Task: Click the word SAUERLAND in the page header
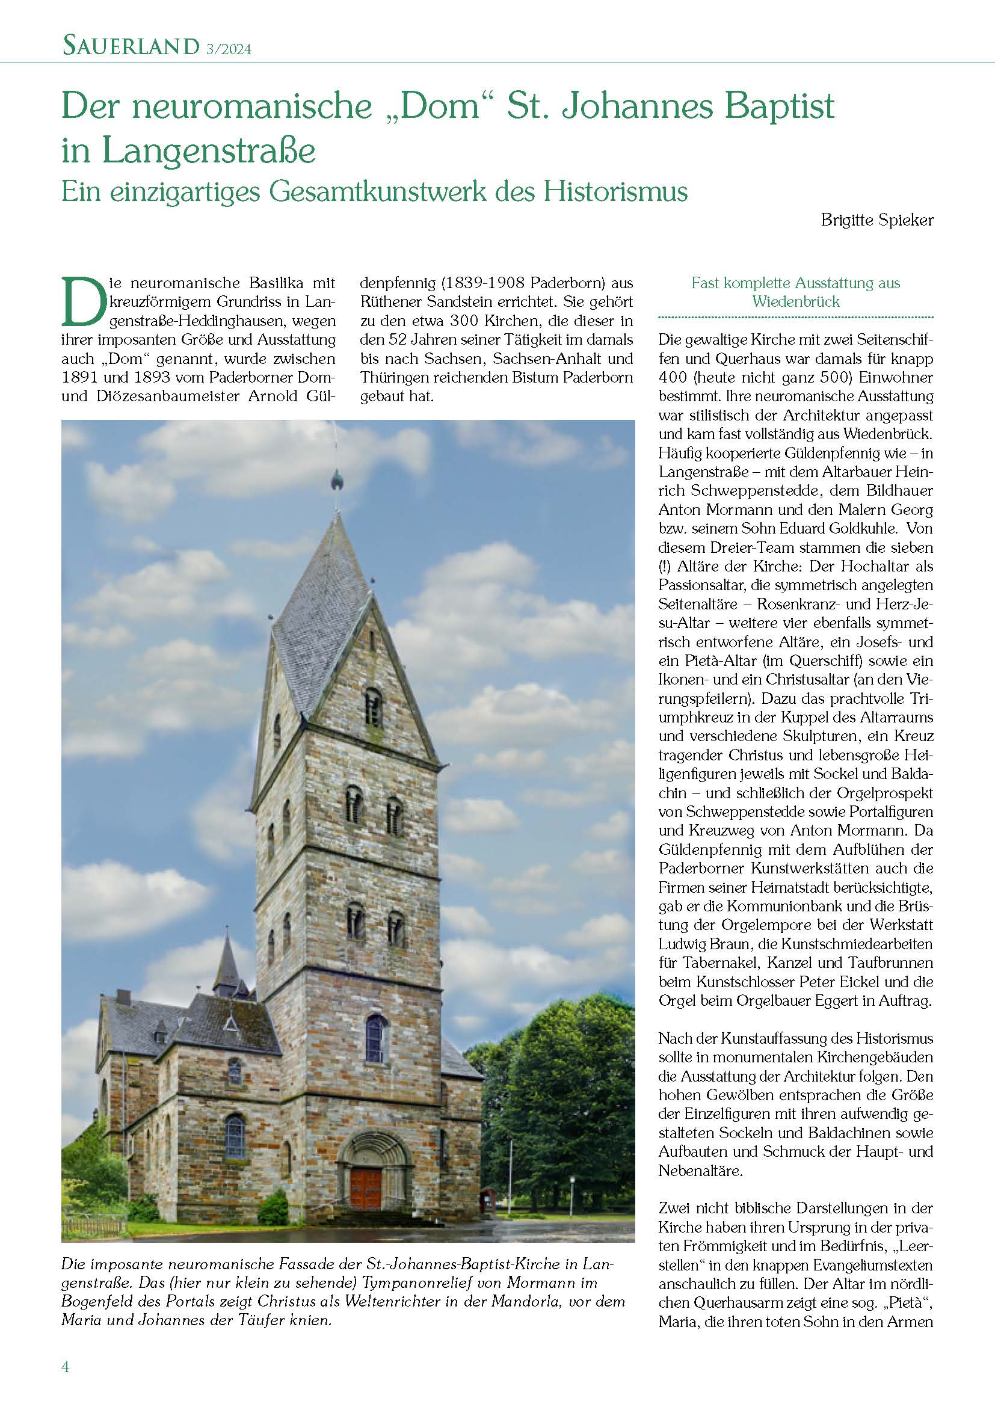point(131,46)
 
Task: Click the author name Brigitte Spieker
point(876,221)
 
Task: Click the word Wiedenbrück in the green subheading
point(796,301)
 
